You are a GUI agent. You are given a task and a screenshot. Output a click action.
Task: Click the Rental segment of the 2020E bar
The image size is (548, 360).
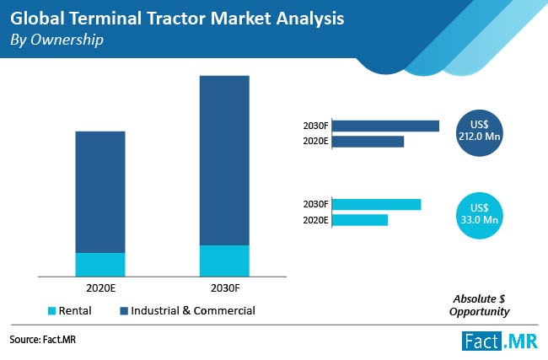point(100,264)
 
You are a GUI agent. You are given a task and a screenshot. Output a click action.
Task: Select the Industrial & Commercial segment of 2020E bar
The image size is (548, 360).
point(100,191)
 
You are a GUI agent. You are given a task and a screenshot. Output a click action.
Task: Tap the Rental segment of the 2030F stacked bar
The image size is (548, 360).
point(224,260)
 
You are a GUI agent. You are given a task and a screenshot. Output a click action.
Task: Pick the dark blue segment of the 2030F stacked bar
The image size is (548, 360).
point(224,160)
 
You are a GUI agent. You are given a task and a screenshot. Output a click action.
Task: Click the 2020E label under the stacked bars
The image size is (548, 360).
point(100,287)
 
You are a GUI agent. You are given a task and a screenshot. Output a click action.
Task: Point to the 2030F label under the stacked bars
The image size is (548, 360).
point(224,287)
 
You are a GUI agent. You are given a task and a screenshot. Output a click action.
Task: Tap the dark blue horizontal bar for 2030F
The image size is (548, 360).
point(385,126)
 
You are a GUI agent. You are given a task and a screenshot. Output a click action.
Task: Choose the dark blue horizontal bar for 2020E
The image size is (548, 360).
point(368,141)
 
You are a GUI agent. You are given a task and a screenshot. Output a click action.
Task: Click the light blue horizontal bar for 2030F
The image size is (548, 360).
point(376,204)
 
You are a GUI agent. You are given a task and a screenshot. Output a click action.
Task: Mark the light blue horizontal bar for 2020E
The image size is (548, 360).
point(360,220)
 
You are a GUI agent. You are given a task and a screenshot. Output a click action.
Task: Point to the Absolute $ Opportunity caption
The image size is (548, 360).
point(481,305)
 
